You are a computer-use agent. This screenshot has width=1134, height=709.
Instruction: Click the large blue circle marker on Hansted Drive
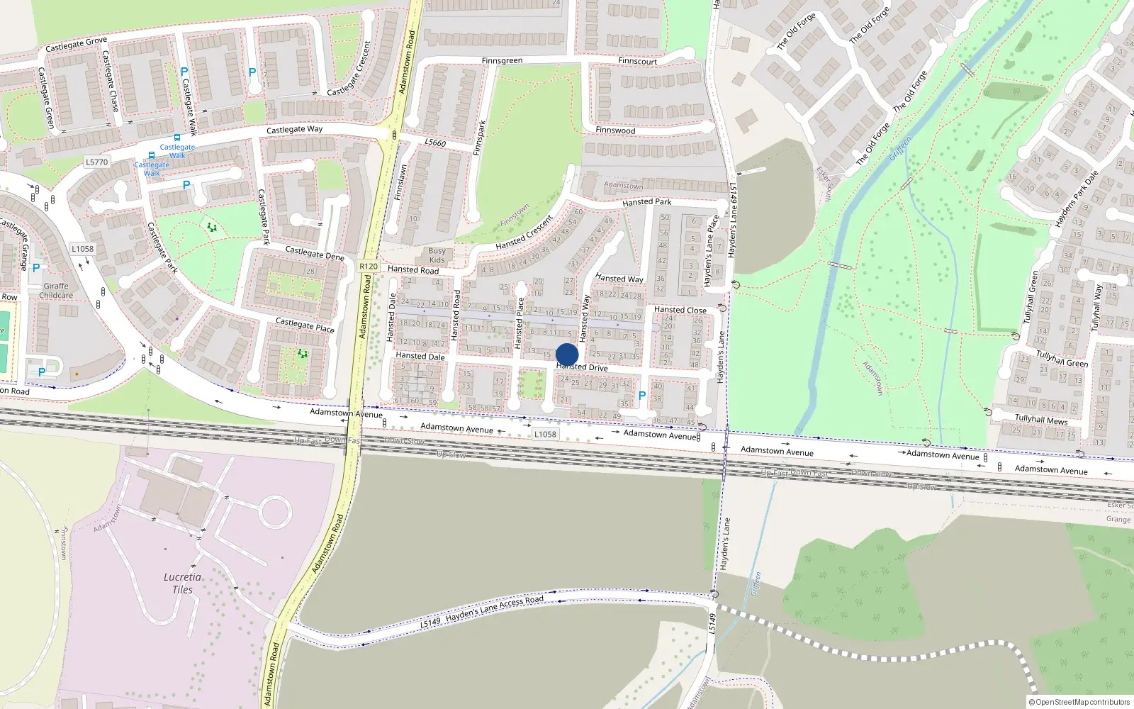pyautogui.click(x=567, y=354)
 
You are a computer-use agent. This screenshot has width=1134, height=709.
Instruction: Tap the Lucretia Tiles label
pyautogui.click(x=182, y=584)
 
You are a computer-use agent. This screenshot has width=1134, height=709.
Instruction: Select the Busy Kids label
pyautogui.click(x=437, y=255)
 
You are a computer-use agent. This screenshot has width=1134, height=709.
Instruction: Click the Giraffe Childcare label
pyautogui.click(x=56, y=291)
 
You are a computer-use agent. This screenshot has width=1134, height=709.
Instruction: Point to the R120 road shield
pyautogui.click(x=369, y=267)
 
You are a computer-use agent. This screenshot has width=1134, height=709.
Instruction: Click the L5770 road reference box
pyautogui.click(x=97, y=162)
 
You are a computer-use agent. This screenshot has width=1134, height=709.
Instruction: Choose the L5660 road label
pyautogui.click(x=435, y=143)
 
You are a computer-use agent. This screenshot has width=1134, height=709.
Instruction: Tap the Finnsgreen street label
pyautogui.click(x=502, y=61)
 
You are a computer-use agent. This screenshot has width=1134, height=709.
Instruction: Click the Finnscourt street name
pyautogui.click(x=637, y=61)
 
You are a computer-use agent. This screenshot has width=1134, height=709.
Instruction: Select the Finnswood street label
pyautogui.click(x=615, y=130)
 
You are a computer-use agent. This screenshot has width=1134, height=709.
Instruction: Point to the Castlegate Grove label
pyautogui.click(x=76, y=45)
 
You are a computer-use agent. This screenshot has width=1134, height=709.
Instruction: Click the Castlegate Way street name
pyautogui.click(x=294, y=130)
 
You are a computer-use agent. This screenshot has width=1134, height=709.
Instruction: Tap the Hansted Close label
pyautogui.click(x=680, y=310)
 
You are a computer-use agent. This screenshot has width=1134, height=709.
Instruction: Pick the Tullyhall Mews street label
pyautogui.click(x=1040, y=420)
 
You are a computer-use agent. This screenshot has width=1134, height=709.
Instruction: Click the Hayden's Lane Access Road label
pyautogui.click(x=494, y=608)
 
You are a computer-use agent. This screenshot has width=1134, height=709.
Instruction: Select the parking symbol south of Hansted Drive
pyautogui.click(x=642, y=396)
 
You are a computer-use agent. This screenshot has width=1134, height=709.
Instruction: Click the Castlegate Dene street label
pyautogui.click(x=314, y=253)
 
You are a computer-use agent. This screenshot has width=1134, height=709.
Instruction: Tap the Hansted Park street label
pyautogui.click(x=646, y=202)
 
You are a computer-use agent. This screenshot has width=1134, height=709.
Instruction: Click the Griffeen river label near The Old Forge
pyautogui.click(x=901, y=148)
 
